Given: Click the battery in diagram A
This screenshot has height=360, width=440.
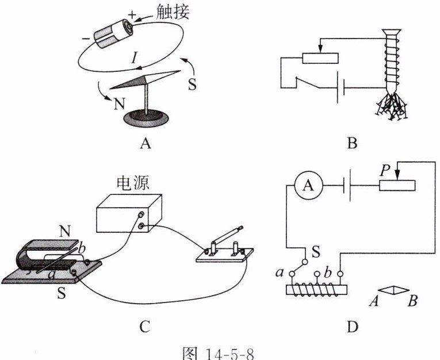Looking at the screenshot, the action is tap(114, 33).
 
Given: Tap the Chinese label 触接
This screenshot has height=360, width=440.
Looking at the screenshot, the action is tap(173, 12).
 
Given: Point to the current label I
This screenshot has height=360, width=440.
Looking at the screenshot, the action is tap(135, 58).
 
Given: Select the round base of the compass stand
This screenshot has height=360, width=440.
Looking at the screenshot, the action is tap(146, 118).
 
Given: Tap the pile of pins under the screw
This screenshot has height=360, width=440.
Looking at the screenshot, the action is tap(391, 106).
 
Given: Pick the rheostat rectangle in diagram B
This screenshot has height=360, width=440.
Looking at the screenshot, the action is tap(320, 58).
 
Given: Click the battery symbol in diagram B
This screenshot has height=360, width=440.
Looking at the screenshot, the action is tap(340, 88).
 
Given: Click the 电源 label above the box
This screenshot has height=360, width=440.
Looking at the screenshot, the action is tap(133, 183).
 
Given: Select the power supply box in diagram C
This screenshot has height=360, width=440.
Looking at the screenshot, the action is tap(129, 213).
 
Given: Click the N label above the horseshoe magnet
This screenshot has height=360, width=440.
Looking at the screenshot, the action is tap(65, 232).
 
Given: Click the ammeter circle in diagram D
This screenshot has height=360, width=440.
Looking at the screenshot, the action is tap(309, 186).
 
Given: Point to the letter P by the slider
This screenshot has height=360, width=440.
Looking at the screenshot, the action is tap(385, 170).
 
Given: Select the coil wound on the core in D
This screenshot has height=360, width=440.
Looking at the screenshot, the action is tap(316, 290).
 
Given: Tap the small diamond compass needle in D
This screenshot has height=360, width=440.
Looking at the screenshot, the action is tap(393, 290).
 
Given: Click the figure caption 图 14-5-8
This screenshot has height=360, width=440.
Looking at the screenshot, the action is tap(218, 353).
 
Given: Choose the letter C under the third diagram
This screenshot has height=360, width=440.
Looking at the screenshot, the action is tap(145, 326).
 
